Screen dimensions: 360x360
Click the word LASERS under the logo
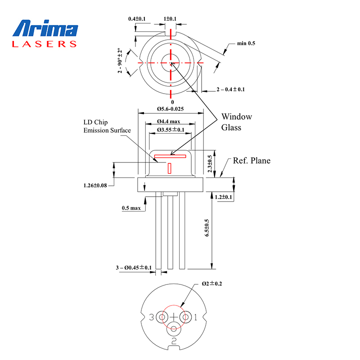(x=45, y=44)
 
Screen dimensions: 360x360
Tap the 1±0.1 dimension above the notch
(x=171, y=19)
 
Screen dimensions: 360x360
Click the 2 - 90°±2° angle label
(x=120, y=60)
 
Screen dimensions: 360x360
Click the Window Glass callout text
(x=236, y=122)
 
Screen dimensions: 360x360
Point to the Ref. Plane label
(x=252, y=161)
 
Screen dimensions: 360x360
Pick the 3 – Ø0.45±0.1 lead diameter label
(x=134, y=268)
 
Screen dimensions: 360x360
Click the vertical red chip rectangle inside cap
(x=169, y=168)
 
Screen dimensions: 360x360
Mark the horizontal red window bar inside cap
(x=170, y=157)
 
